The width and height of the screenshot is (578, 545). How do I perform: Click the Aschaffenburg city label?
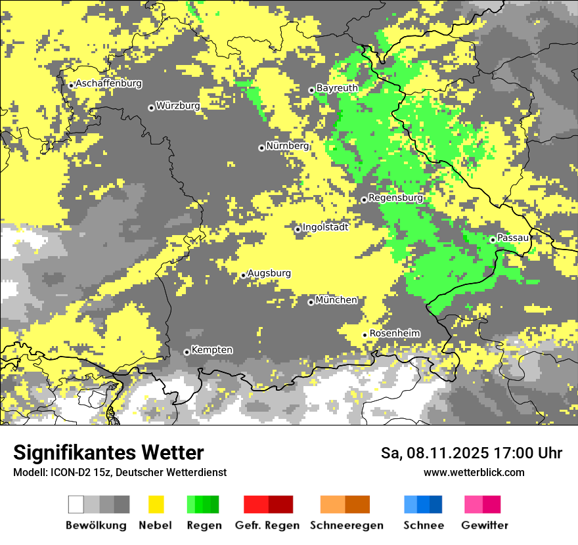point(109,83)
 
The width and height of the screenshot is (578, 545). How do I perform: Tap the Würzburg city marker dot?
point(151,108)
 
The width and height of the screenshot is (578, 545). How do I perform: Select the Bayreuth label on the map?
point(337,88)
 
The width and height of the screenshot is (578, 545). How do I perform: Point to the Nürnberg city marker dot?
point(261,148)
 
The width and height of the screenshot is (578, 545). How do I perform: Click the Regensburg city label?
point(396,198)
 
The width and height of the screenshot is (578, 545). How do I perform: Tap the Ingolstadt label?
point(326,227)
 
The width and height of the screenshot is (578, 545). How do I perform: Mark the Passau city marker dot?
point(493,240)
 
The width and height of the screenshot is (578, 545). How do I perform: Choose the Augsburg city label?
point(269,273)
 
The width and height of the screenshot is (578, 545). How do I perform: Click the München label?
point(337,300)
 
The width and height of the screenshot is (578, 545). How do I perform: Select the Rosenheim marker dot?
point(365,335)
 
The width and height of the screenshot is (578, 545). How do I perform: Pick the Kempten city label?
point(212,350)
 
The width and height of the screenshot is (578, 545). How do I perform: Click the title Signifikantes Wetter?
point(108,452)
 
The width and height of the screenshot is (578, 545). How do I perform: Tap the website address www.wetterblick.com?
point(474,472)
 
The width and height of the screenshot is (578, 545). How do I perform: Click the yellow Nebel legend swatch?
point(156,504)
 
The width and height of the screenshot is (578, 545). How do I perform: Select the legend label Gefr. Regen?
point(267,525)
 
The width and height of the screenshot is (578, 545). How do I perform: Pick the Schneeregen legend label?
point(347,525)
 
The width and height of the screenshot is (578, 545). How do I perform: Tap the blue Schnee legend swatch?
point(423,504)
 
